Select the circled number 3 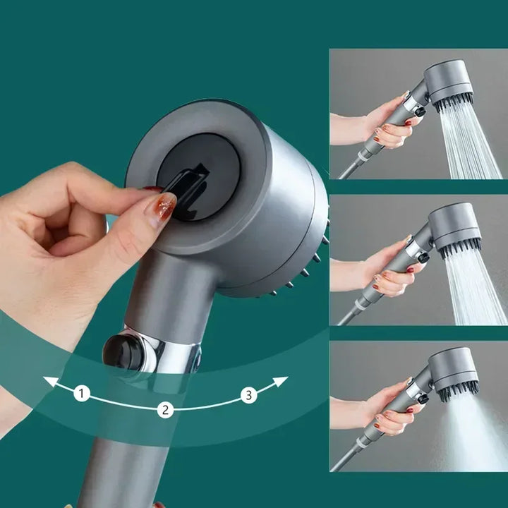tap(248, 395)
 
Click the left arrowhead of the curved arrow tap(50, 382)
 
